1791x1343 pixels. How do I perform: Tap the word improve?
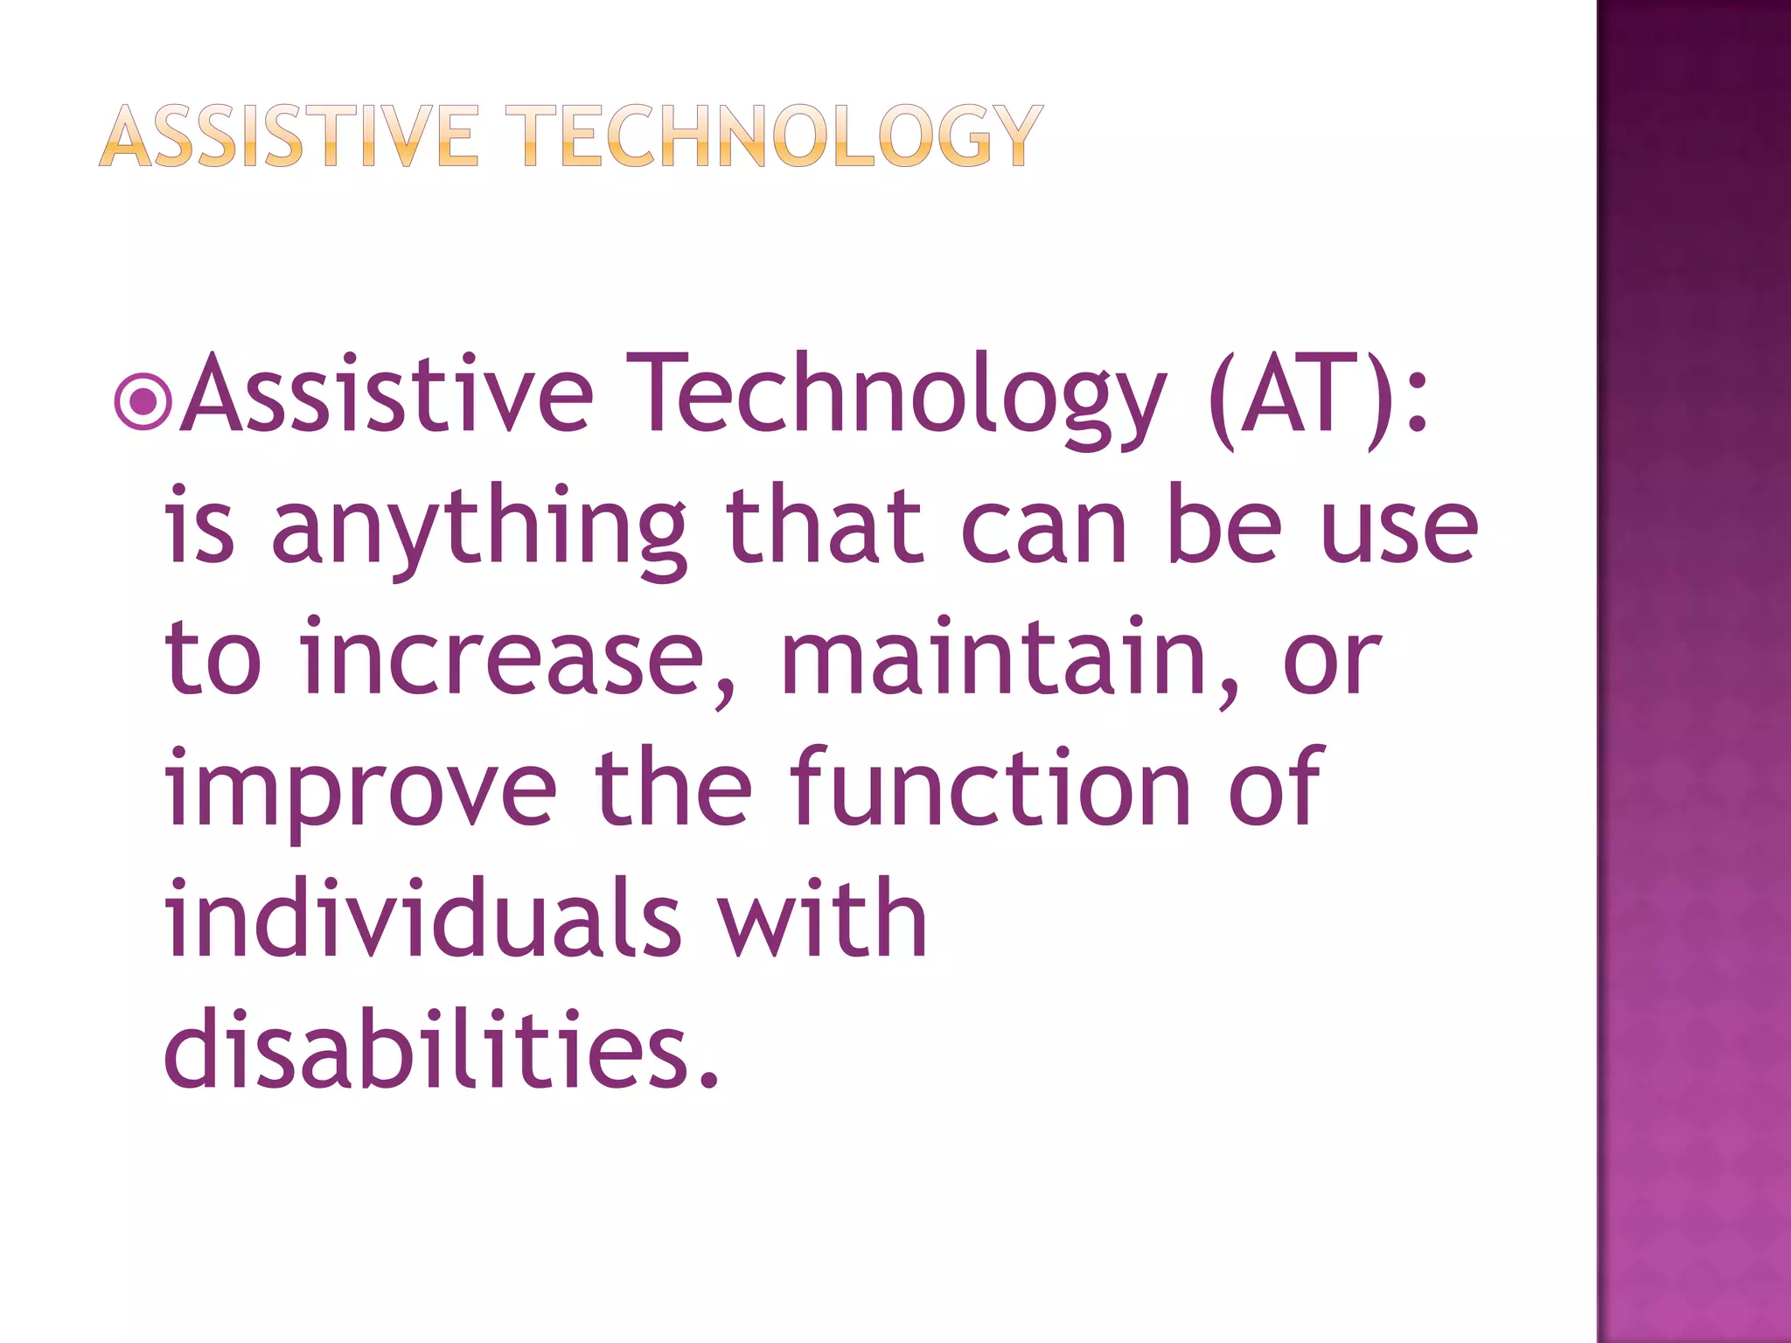(360, 791)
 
